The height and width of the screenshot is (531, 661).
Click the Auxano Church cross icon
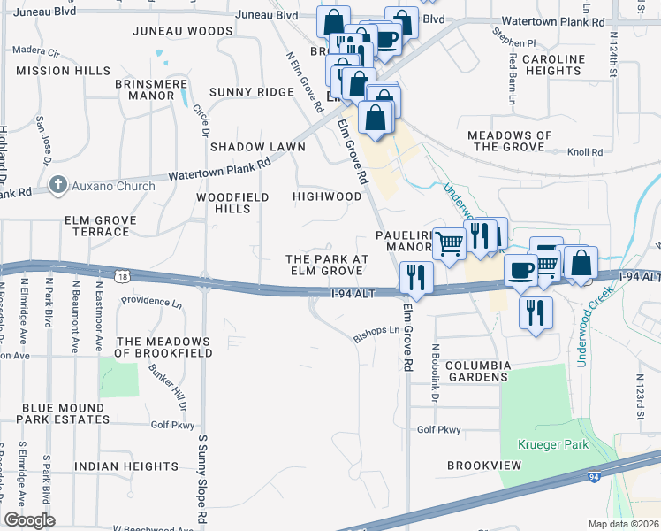point(58,186)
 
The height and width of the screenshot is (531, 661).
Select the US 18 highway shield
point(130,277)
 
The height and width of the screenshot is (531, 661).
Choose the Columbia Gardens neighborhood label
point(478,371)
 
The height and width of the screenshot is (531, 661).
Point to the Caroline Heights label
point(554,65)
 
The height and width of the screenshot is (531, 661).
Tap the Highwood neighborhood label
point(327,196)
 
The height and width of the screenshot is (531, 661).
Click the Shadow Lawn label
point(257,146)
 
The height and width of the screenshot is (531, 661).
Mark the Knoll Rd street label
point(584,152)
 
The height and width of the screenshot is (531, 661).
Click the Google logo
point(29,519)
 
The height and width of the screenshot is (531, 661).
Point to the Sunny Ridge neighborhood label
point(252,92)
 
